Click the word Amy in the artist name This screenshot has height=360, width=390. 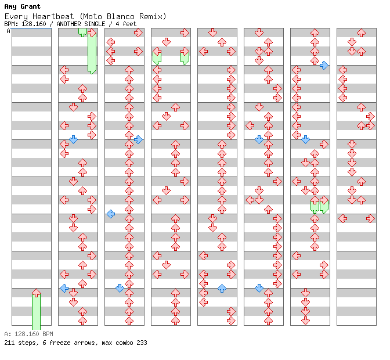pyautogui.click(x=10, y=7)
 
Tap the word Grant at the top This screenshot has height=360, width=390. pyautogui.click(x=30, y=6)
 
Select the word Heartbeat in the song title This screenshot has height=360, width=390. pyautogui.click(x=53, y=16)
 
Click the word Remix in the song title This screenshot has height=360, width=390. pyautogui.click(x=151, y=16)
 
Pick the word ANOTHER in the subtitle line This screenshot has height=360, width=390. pyautogui.click(x=68, y=24)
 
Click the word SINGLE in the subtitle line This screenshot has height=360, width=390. pyautogui.click(x=95, y=24)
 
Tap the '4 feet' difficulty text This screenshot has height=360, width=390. pyautogui.click(x=126, y=24)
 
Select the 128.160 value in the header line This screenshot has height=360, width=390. pyautogui.click(x=34, y=24)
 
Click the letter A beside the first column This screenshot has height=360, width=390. pyautogui.click(x=9, y=31)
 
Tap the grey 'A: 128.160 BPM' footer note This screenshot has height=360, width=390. pyautogui.click(x=29, y=334)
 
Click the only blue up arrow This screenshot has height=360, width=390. pyautogui.click(x=222, y=289)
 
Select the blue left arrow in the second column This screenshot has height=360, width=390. pyautogui.click(x=64, y=289)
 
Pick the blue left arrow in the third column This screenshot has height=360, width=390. pyautogui.click(x=111, y=214)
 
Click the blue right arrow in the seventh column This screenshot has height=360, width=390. pyautogui.click(x=324, y=65)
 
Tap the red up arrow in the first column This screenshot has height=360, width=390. pyautogui.click(x=37, y=293)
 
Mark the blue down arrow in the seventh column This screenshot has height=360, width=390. pyautogui.click(x=305, y=139)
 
